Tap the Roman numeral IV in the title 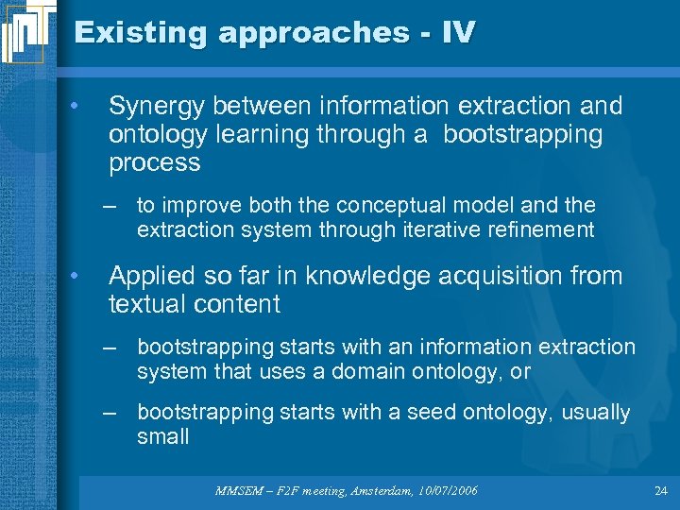457,33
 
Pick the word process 155,162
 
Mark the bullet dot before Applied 75,275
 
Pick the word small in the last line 162,436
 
